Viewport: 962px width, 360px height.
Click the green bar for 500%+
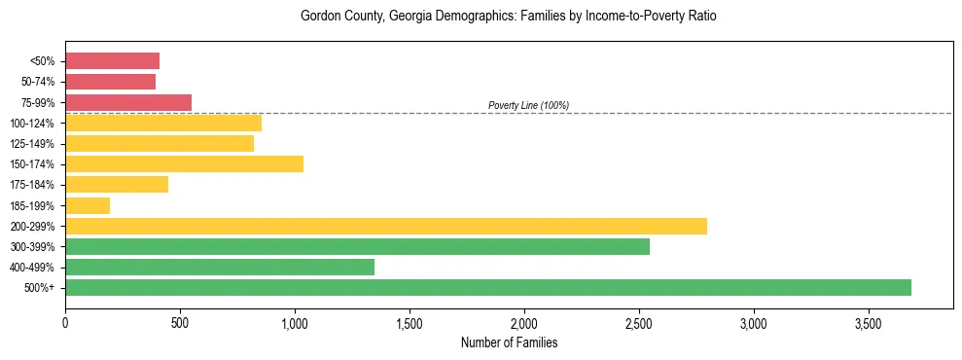487,287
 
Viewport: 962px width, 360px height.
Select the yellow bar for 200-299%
385,226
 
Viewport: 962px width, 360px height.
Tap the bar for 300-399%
357,246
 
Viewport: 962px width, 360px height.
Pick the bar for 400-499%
219,267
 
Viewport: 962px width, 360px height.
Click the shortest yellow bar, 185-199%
88,205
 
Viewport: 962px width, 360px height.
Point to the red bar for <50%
112,61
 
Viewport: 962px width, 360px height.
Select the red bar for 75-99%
128,102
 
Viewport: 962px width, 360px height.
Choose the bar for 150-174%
184,163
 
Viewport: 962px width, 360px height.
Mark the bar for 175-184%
117,184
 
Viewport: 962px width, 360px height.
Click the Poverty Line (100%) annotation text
528,105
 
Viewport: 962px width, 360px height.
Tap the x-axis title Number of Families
509,342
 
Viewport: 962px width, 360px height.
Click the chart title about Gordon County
509,17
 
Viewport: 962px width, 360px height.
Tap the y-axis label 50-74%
38,82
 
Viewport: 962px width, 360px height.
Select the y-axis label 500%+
40,288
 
